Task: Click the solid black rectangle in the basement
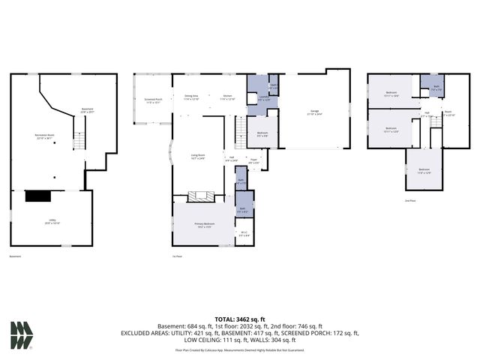click(x=37, y=196)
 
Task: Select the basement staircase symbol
click(x=77, y=139)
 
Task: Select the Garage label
click(x=314, y=113)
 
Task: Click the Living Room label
click(x=198, y=156)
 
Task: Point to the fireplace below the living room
click(x=199, y=197)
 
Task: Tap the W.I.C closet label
click(x=244, y=234)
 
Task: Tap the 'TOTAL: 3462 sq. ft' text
click(x=240, y=319)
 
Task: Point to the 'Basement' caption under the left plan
click(x=15, y=256)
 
